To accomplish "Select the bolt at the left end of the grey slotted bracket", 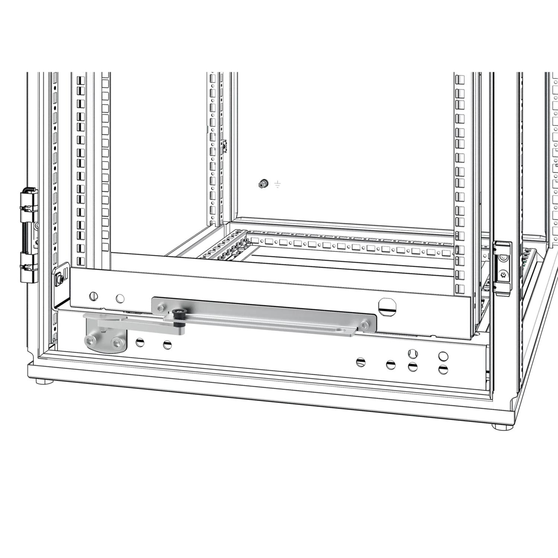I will pos(160,308).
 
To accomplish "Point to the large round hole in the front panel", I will pos(387,306).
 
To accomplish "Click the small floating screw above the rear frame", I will pos(264,183).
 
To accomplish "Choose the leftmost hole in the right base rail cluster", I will pos(360,362).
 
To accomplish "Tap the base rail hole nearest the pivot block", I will pos(141,341).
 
